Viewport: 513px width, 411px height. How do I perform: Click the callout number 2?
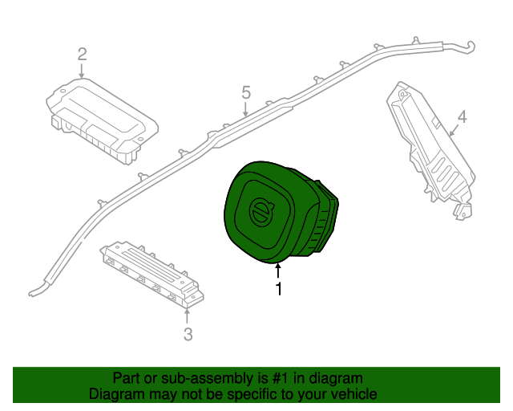pyautogui.click(x=82, y=55)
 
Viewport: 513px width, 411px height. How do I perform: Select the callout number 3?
pyautogui.click(x=188, y=334)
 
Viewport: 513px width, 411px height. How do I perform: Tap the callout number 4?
pyautogui.click(x=461, y=119)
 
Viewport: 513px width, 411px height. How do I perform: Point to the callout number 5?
pyautogui.click(x=246, y=93)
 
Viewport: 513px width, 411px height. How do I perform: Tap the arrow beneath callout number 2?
pyautogui.click(x=82, y=71)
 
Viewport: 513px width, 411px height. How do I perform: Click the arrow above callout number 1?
pyautogui.click(x=279, y=271)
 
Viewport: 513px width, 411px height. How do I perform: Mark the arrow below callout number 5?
pyautogui.click(x=246, y=108)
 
